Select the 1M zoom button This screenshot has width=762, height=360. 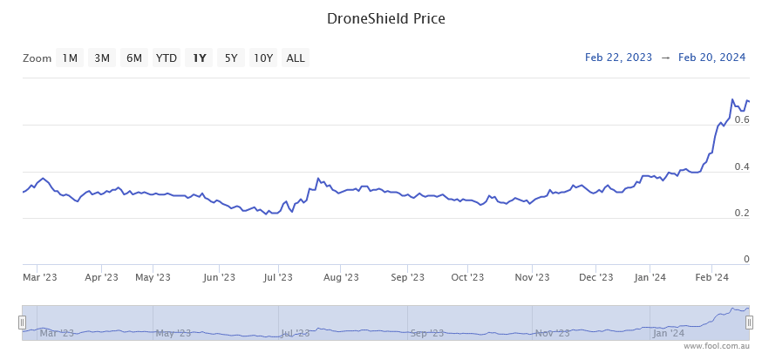point(70,58)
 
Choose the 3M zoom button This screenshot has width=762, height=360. point(102,58)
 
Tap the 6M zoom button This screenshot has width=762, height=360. point(133,58)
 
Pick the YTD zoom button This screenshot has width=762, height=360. point(167,58)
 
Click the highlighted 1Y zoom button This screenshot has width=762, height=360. point(200,58)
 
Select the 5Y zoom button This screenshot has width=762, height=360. point(231,58)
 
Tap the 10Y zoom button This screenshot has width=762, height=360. point(263,58)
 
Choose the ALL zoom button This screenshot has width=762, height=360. point(296,58)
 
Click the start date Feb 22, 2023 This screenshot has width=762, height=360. point(618,58)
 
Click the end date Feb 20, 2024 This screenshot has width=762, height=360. point(711,58)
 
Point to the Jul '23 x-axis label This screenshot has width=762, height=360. point(278,277)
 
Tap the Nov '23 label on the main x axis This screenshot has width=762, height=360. point(532,277)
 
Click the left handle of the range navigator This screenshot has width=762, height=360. point(23,322)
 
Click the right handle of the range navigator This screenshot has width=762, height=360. point(749,322)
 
